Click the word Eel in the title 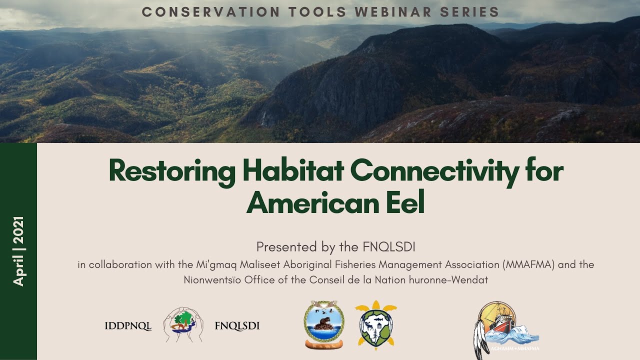tap(404, 202)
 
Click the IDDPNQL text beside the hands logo tap(128, 326)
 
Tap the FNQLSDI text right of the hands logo tap(237, 326)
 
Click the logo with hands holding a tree tap(183, 324)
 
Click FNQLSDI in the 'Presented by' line tap(391, 247)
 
